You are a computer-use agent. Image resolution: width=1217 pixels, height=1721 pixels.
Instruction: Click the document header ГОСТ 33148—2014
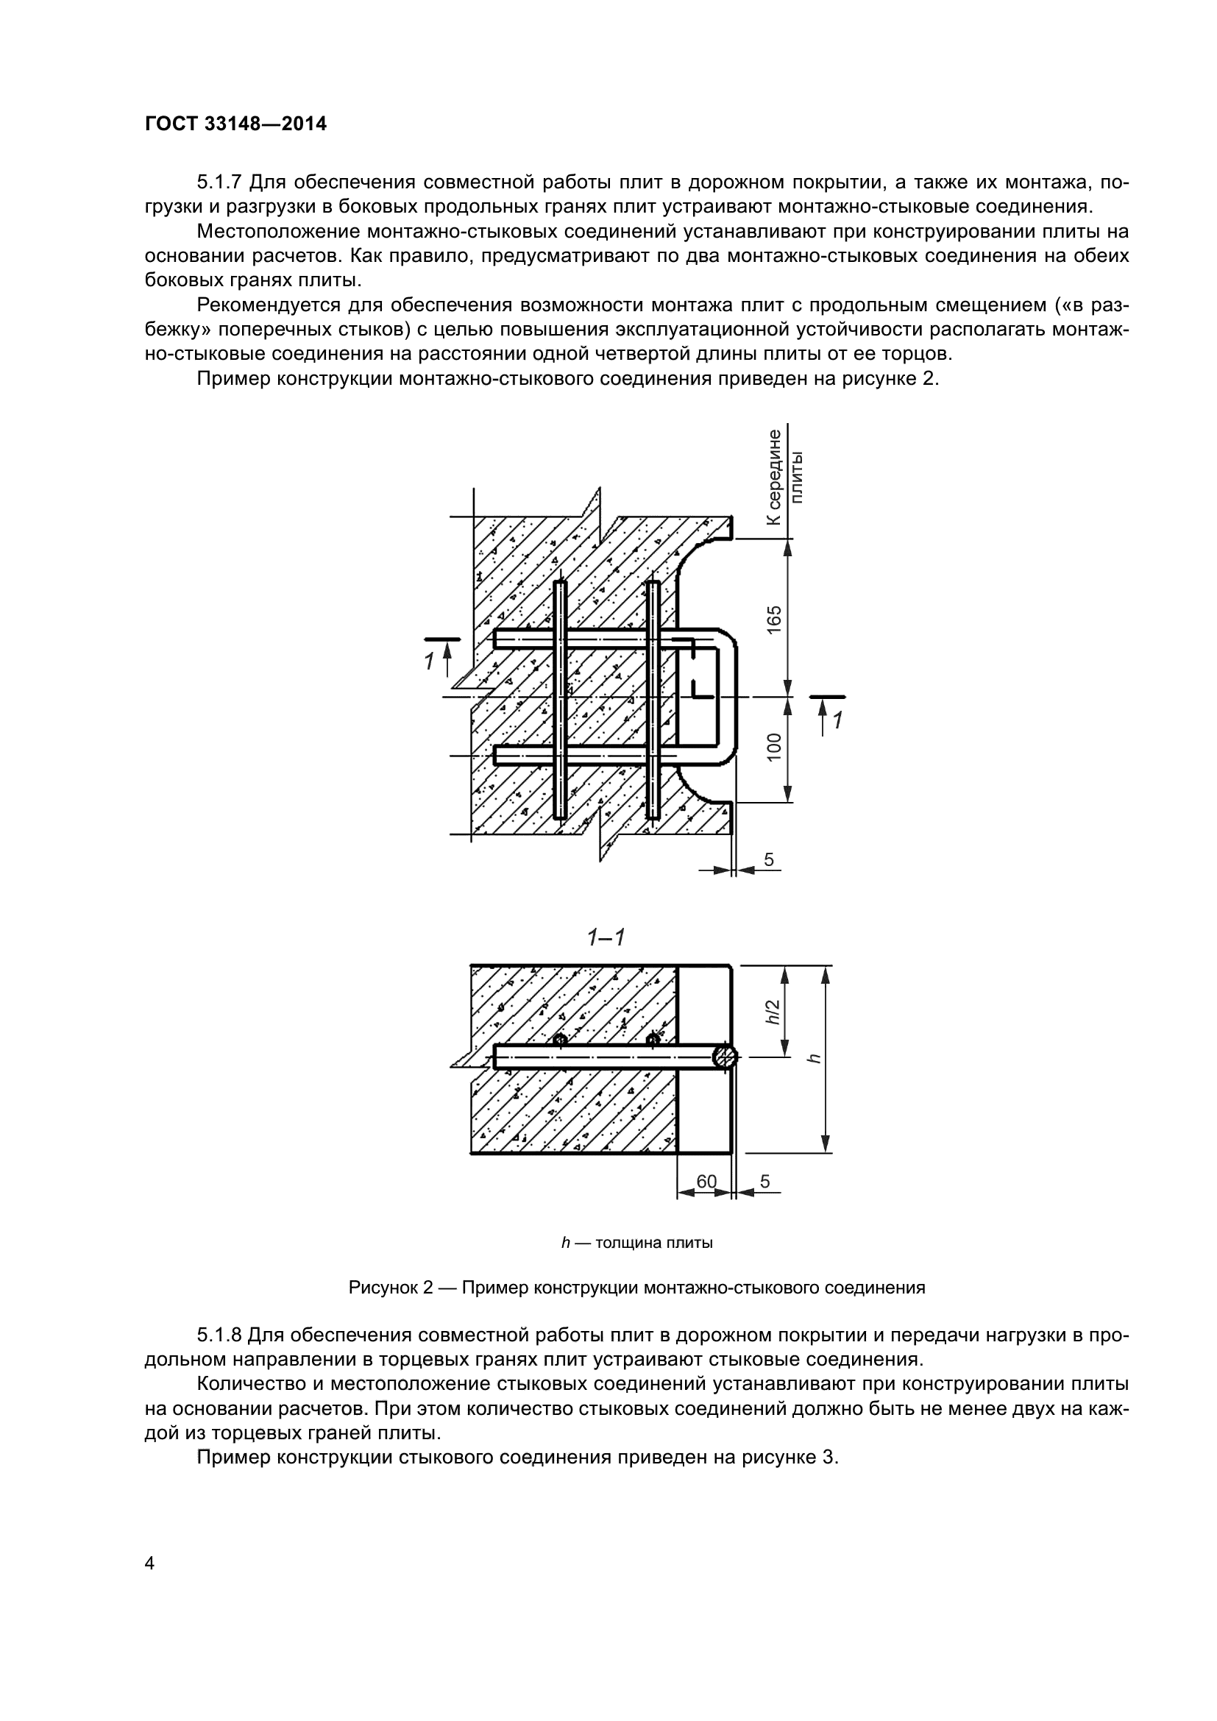pyautogui.click(x=235, y=124)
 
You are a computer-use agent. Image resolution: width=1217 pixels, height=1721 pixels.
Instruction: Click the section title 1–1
pyautogui.click(x=606, y=937)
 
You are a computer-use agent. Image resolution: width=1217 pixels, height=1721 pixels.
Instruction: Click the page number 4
pyautogui.click(x=149, y=1563)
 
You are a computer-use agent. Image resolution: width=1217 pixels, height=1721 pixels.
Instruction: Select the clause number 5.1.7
pyautogui.click(x=219, y=182)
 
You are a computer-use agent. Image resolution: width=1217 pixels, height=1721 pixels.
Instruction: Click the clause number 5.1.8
pyautogui.click(x=219, y=1335)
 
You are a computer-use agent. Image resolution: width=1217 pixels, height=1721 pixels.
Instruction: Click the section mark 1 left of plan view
pyautogui.click(x=430, y=661)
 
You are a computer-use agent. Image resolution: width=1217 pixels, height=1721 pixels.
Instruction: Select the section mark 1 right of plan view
pyautogui.click(x=837, y=720)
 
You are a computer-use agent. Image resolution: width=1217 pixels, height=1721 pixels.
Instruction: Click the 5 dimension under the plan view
pyautogui.click(x=769, y=859)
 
